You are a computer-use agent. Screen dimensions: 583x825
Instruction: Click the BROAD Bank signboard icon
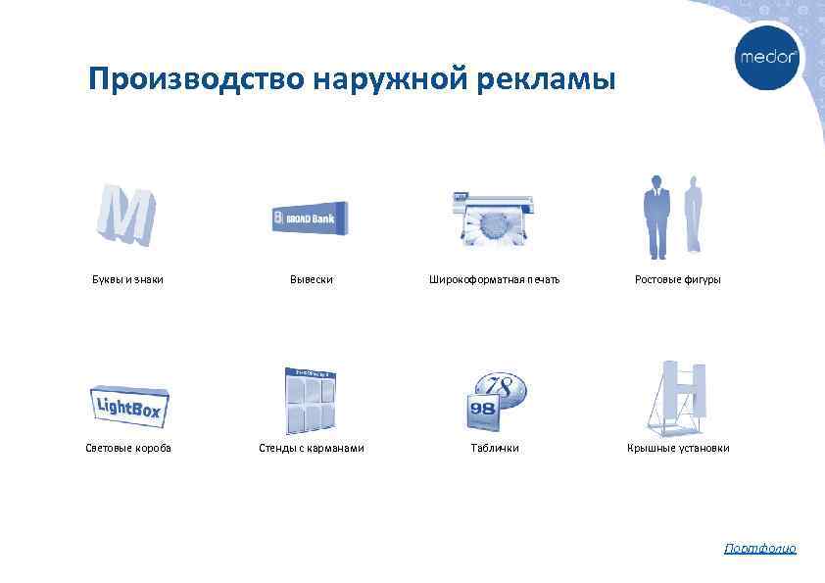(310, 219)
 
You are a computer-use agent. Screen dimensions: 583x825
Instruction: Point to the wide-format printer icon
(494, 217)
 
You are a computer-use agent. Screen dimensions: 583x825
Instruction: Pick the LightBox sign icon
(127, 403)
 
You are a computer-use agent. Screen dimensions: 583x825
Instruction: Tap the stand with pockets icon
(310, 401)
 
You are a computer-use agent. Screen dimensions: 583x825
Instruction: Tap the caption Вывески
(311, 280)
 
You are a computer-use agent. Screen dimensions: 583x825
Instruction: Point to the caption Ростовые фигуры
(678, 280)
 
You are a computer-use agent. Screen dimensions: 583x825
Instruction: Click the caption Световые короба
(127, 448)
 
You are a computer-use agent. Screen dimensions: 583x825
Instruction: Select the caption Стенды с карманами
(311, 448)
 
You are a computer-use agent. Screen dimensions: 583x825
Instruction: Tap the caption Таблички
(495, 448)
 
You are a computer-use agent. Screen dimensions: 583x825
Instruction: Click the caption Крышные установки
(678, 448)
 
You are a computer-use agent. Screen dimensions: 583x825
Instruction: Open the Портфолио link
(759, 549)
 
